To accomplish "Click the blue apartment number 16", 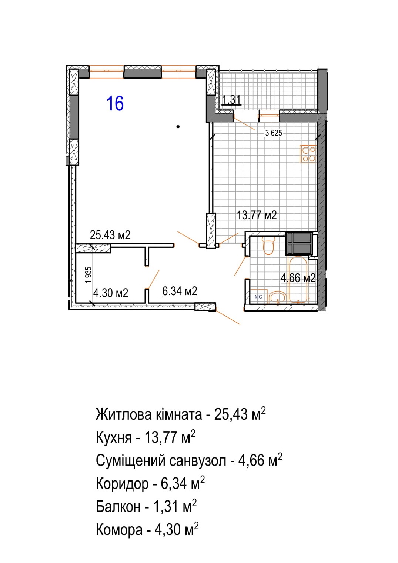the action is pyautogui.click(x=115, y=103).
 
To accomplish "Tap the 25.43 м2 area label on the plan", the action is pyautogui.click(x=110, y=235).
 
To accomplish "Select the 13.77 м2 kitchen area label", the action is pyautogui.click(x=257, y=216).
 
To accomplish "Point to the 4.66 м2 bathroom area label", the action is pyautogui.click(x=298, y=278).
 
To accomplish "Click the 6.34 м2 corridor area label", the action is pyautogui.click(x=180, y=291).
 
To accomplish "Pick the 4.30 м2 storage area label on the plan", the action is pyautogui.click(x=111, y=293).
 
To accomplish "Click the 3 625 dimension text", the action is pyautogui.click(x=274, y=133).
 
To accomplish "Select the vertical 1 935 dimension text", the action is pyautogui.click(x=88, y=275).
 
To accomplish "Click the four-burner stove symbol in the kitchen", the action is pyautogui.click(x=308, y=154).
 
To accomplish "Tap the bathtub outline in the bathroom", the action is pyautogui.click(x=298, y=280).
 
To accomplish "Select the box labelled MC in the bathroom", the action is pyautogui.click(x=258, y=297).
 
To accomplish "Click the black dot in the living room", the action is pyautogui.click(x=178, y=127).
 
